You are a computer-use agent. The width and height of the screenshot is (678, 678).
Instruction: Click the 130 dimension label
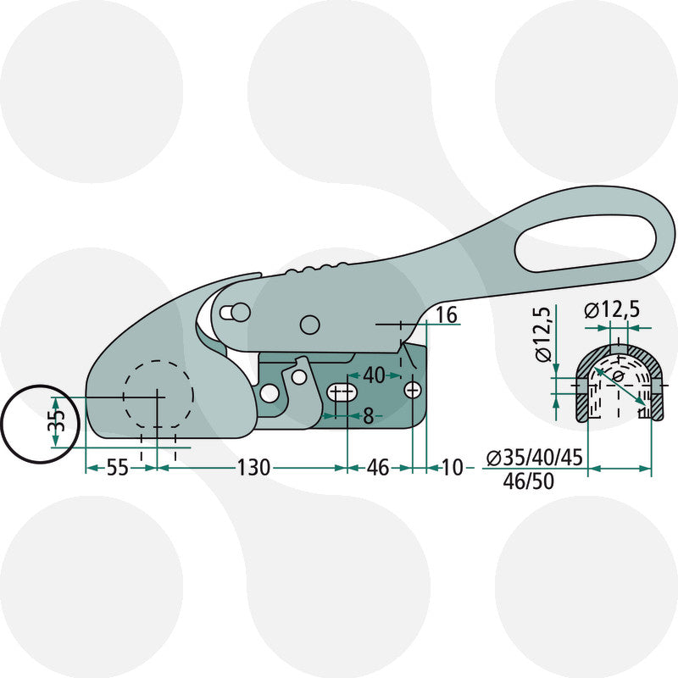coord(253,468)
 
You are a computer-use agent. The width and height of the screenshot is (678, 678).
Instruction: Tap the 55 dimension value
coord(117,468)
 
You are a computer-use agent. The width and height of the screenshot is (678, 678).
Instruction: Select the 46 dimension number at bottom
coord(378,468)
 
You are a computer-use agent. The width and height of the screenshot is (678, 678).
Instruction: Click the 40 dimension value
coord(374,375)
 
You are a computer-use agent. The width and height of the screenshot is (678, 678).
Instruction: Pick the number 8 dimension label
coord(368,416)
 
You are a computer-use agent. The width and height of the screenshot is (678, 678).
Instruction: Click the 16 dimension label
coord(447,314)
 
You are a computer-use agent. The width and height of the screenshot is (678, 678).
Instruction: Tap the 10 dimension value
coord(453,468)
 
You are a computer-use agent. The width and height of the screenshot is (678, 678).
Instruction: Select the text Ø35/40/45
coord(535,458)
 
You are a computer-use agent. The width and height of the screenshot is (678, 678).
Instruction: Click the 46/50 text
coord(528,481)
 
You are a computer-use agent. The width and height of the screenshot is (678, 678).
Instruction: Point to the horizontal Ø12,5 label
coord(611,310)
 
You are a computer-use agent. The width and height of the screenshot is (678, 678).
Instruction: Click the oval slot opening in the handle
coord(586,243)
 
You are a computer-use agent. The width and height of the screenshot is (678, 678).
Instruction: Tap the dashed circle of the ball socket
coord(158,394)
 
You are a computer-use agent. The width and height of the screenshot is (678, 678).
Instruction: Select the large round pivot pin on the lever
coord(309,325)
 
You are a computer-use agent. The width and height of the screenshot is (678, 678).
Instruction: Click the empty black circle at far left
coord(40,425)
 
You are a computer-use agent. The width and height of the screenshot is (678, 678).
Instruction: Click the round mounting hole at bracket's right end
coord(413,391)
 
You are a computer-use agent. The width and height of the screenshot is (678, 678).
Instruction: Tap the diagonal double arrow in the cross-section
coord(620,386)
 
